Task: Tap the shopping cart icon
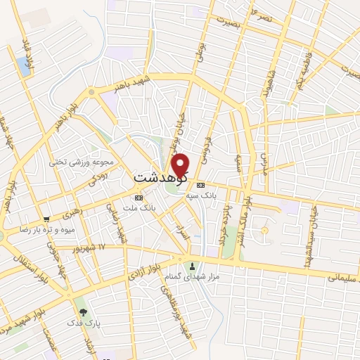[46, 219]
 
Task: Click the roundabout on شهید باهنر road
[92, 92]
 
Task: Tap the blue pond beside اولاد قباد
[25, 67]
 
